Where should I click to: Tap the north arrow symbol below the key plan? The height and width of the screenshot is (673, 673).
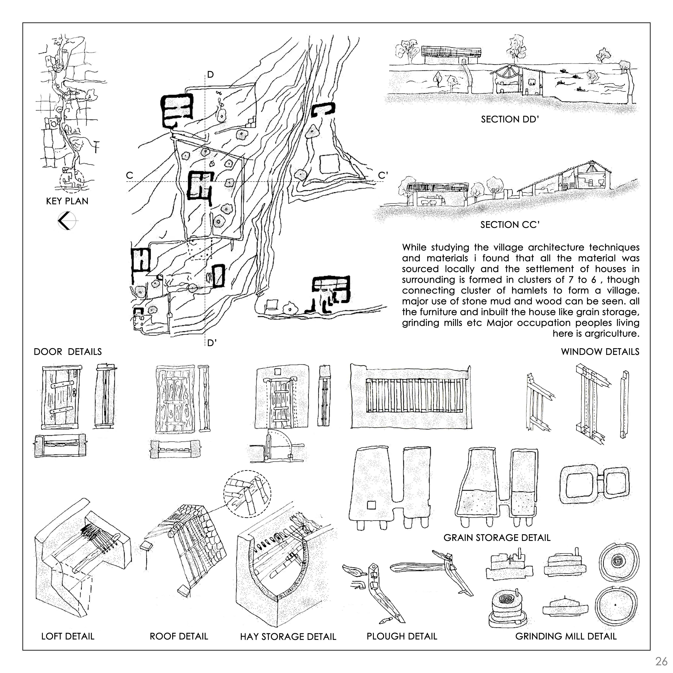click(x=67, y=221)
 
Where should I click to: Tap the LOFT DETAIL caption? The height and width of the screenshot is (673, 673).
click(x=68, y=636)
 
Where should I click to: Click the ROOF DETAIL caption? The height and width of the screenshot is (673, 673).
click(x=179, y=636)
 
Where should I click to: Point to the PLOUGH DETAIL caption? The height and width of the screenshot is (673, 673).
click(x=402, y=636)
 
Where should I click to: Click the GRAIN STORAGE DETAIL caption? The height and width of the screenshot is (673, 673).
click(x=497, y=538)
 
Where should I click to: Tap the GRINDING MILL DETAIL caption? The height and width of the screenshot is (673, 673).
click(x=566, y=636)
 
